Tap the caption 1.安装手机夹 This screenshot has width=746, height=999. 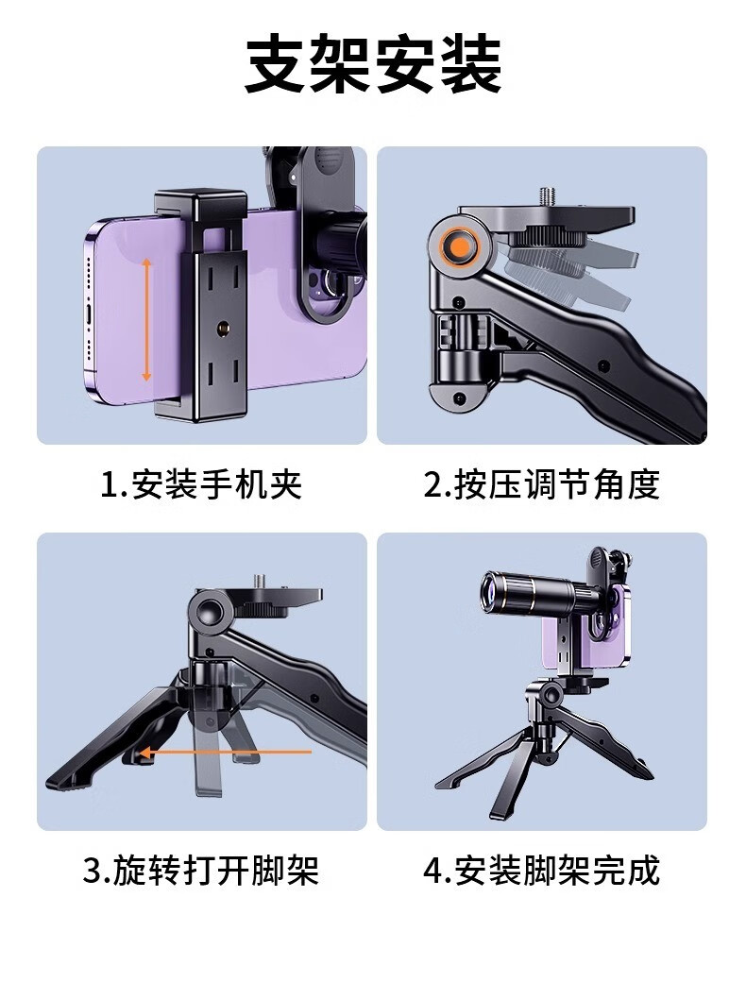[201, 484]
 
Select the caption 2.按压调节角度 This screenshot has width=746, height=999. [541, 484]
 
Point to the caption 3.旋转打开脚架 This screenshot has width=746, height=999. [201, 871]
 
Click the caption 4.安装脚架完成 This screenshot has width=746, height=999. [541, 871]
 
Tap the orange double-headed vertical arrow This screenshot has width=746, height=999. [146, 320]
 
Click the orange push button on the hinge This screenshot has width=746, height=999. [460, 246]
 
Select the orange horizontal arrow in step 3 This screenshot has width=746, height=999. [225, 753]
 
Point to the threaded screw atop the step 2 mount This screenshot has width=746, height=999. [547, 196]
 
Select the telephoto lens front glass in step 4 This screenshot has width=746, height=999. [489, 590]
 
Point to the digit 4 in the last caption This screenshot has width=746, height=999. [433, 871]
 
